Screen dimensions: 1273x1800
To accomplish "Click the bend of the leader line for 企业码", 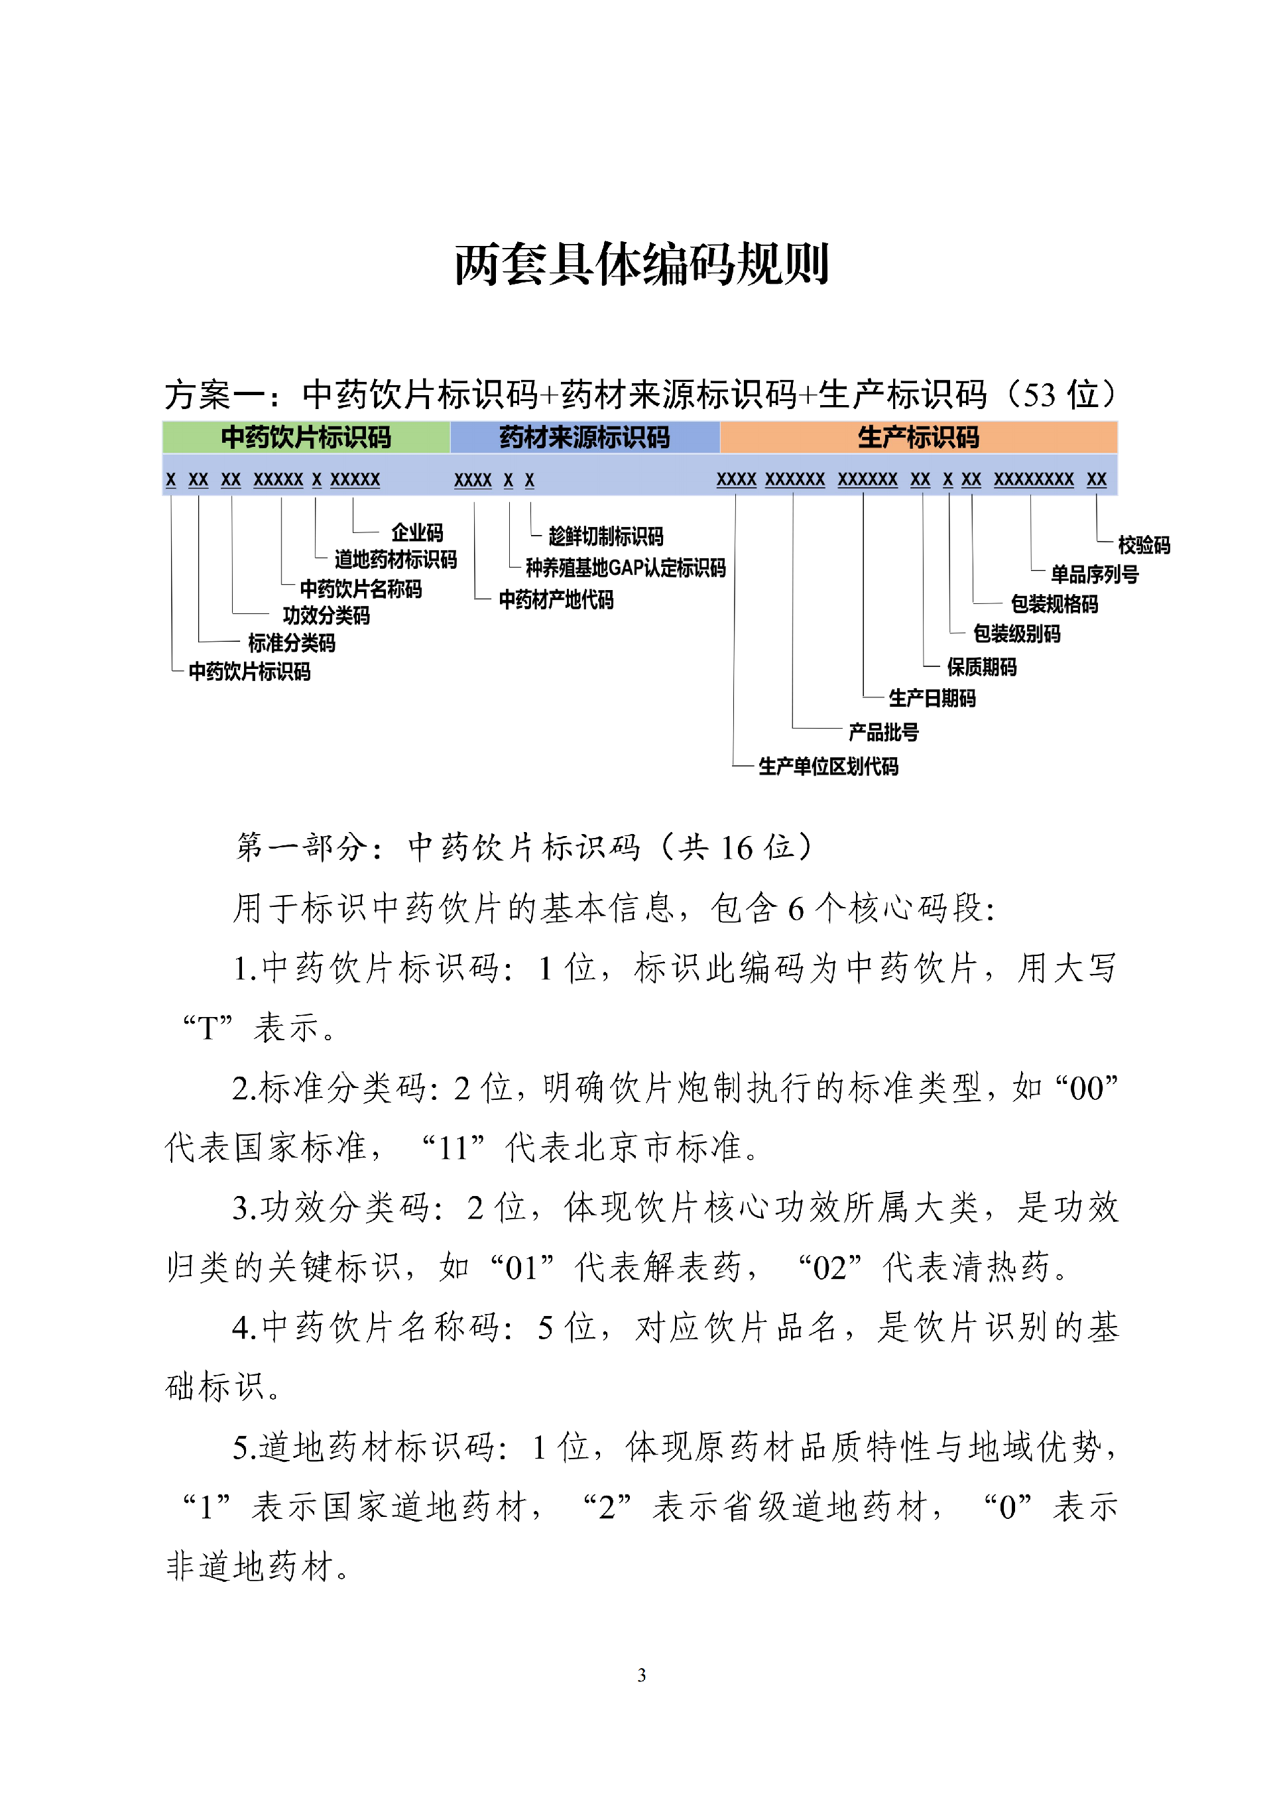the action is pyautogui.click(x=353, y=532).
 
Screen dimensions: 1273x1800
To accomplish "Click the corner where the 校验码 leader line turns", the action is pyautogui.click(x=1097, y=542).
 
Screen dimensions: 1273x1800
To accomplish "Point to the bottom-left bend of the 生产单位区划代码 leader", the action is pyautogui.click(x=734, y=764).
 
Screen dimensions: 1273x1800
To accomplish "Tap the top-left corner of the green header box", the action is pyautogui.click(x=163, y=422).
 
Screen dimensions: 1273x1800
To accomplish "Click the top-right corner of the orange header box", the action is pyautogui.click(x=1117, y=422).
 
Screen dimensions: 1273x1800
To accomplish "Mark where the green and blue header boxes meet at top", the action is pyautogui.click(x=451, y=422).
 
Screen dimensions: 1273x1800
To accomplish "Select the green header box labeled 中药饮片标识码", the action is pyautogui.click(x=306, y=438).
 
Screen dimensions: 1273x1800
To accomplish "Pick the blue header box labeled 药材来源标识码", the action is pyautogui.click(x=585, y=438).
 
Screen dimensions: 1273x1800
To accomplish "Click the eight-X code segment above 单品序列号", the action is pyautogui.click(x=1034, y=479).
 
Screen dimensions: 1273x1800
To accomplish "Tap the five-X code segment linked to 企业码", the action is pyautogui.click(x=355, y=479).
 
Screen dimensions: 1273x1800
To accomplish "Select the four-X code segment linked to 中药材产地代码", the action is pyautogui.click(x=473, y=480).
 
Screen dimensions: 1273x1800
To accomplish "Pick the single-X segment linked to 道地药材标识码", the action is pyautogui.click(x=317, y=479).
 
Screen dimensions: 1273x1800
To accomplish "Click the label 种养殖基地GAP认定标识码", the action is pyautogui.click(x=625, y=568).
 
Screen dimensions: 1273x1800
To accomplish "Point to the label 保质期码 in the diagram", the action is pyautogui.click(x=981, y=667).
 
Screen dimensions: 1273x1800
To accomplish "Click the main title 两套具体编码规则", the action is pyautogui.click(x=642, y=263).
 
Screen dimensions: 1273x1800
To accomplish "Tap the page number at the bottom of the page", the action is pyautogui.click(x=642, y=1675).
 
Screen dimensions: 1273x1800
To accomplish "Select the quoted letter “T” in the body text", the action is pyautogui.click(x=208, y=1028).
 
